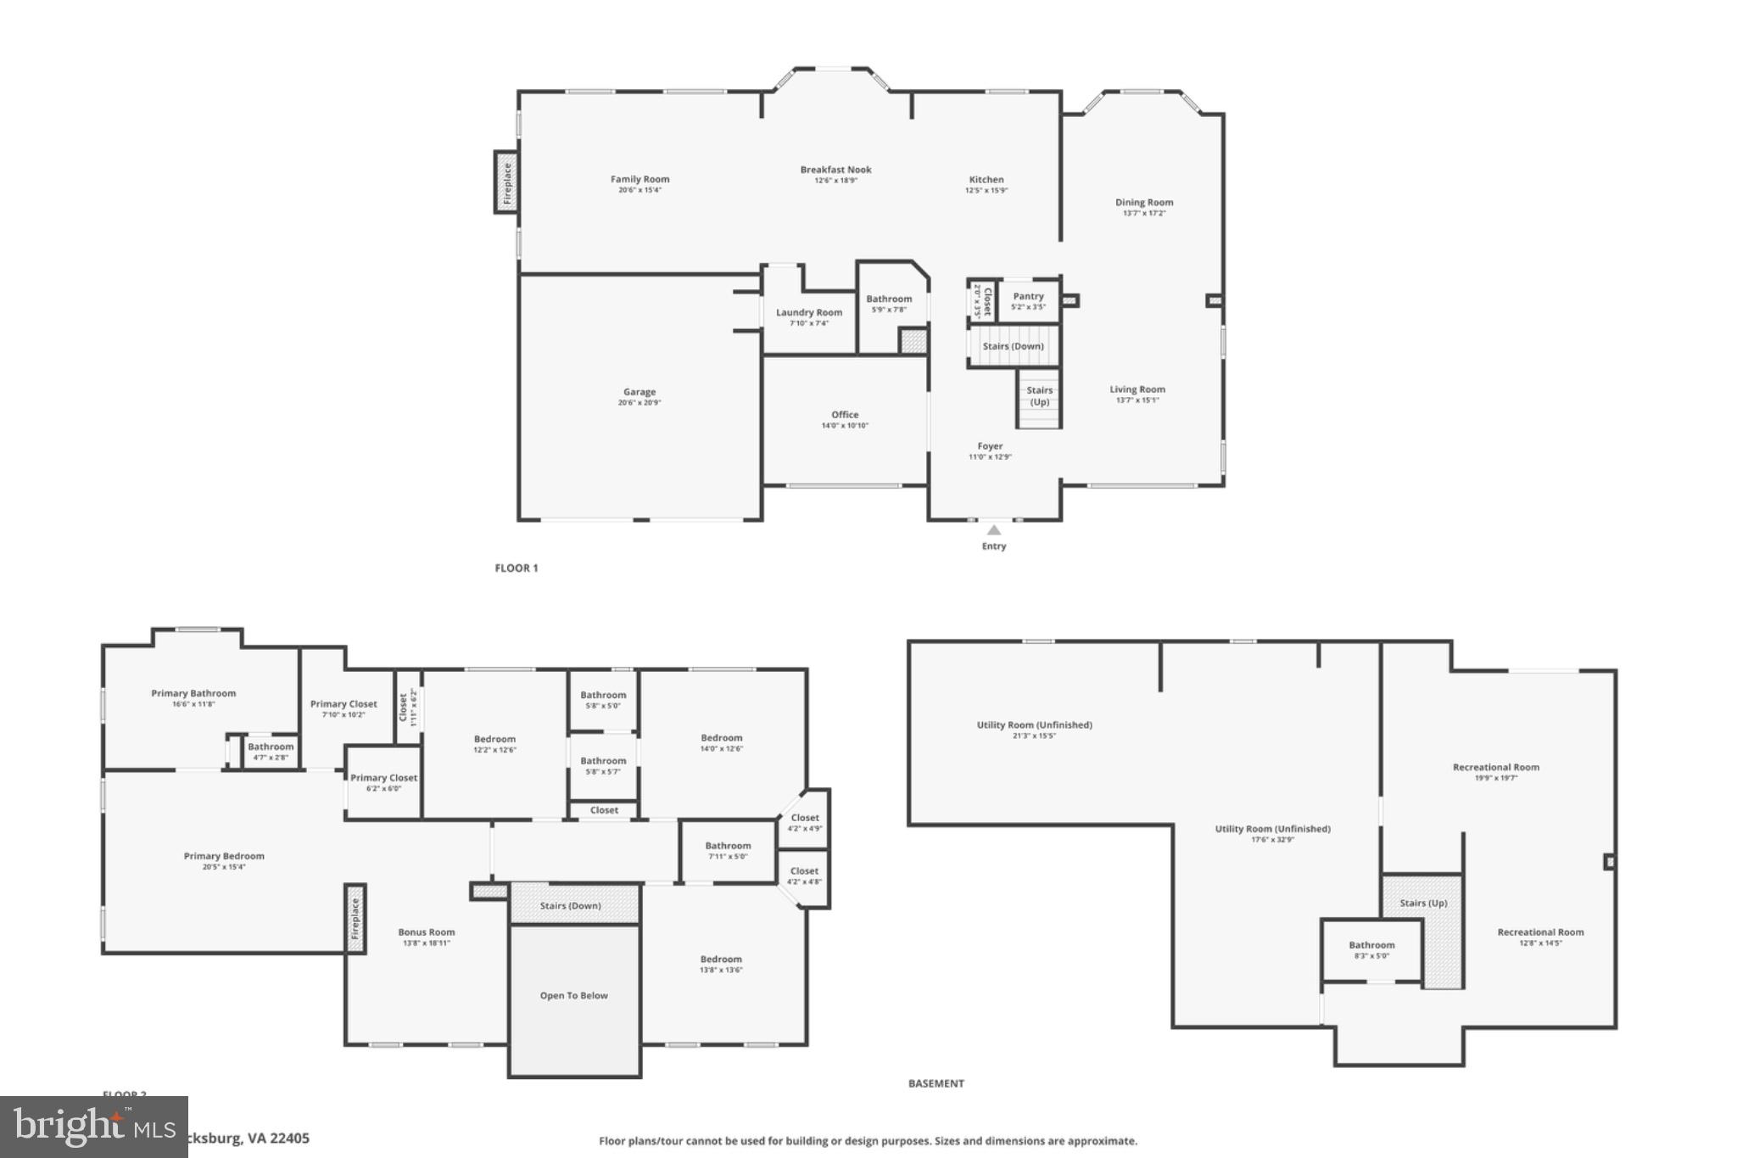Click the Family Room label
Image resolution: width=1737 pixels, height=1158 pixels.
[640, 179]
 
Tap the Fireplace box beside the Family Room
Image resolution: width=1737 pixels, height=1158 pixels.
[506, 182]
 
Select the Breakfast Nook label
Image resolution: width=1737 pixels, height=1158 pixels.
[835, 170]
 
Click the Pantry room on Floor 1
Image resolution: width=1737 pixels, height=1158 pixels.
[1028, 300]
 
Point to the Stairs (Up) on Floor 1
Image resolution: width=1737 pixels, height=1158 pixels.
[1039, 397]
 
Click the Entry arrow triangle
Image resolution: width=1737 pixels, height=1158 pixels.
[993, 530]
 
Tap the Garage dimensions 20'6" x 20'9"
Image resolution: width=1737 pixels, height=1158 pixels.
[640, 403]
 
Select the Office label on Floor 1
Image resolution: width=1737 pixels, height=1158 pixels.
[845, 415]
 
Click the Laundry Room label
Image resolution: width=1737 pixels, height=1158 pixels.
[808, 312]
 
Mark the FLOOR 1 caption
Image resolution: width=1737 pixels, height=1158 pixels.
[516, 568]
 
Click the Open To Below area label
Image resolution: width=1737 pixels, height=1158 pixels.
[573, 995]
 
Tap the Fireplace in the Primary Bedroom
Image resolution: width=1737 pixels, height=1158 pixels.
[355, 919]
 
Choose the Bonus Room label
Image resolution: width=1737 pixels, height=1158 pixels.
[427, 931]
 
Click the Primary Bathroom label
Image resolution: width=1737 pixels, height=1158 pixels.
[193, 693]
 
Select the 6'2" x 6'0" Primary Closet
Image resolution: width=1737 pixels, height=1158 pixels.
[383, 782]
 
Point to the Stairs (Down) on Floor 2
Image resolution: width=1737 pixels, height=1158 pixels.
[571, 905]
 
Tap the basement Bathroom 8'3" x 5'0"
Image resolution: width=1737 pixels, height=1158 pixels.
[1371, 949]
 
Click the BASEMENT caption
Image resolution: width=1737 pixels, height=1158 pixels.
[936, 1083]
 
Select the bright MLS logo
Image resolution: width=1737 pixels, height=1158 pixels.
[93, 1127]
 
